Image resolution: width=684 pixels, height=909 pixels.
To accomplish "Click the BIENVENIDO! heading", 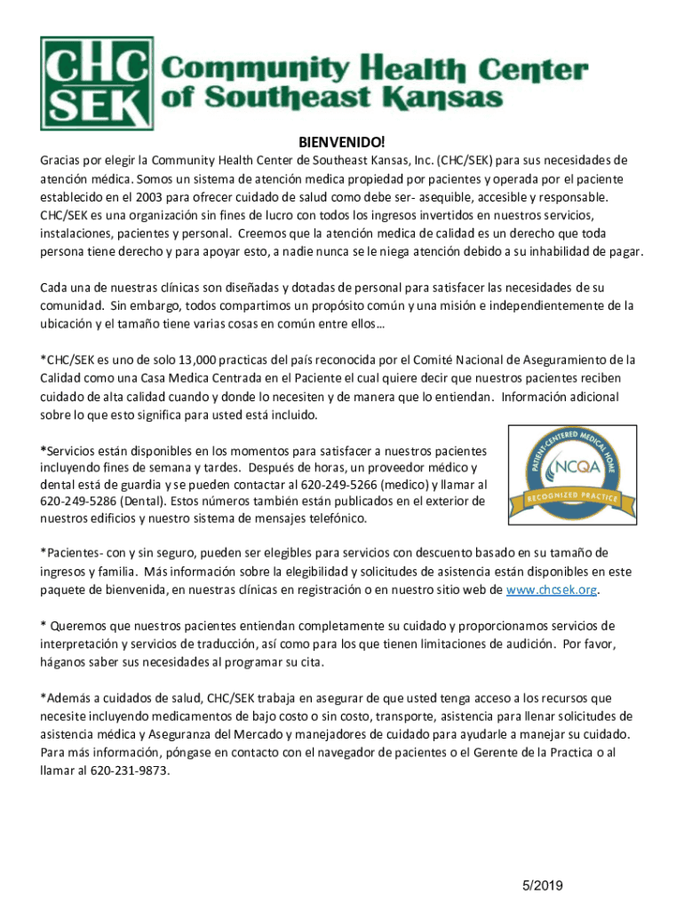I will pyautogui.click(x=342, y=142).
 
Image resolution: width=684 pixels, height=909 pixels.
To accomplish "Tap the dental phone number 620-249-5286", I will pyautogui.click(x=77, y=502).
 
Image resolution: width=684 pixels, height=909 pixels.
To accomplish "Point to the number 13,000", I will pyautogui.click(x=224, y=360).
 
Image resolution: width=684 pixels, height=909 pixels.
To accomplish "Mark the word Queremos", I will pyautogui.click(x=85, y=626).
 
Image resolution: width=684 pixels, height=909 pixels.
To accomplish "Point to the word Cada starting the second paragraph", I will pyautogui.click(x=55, y=288).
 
